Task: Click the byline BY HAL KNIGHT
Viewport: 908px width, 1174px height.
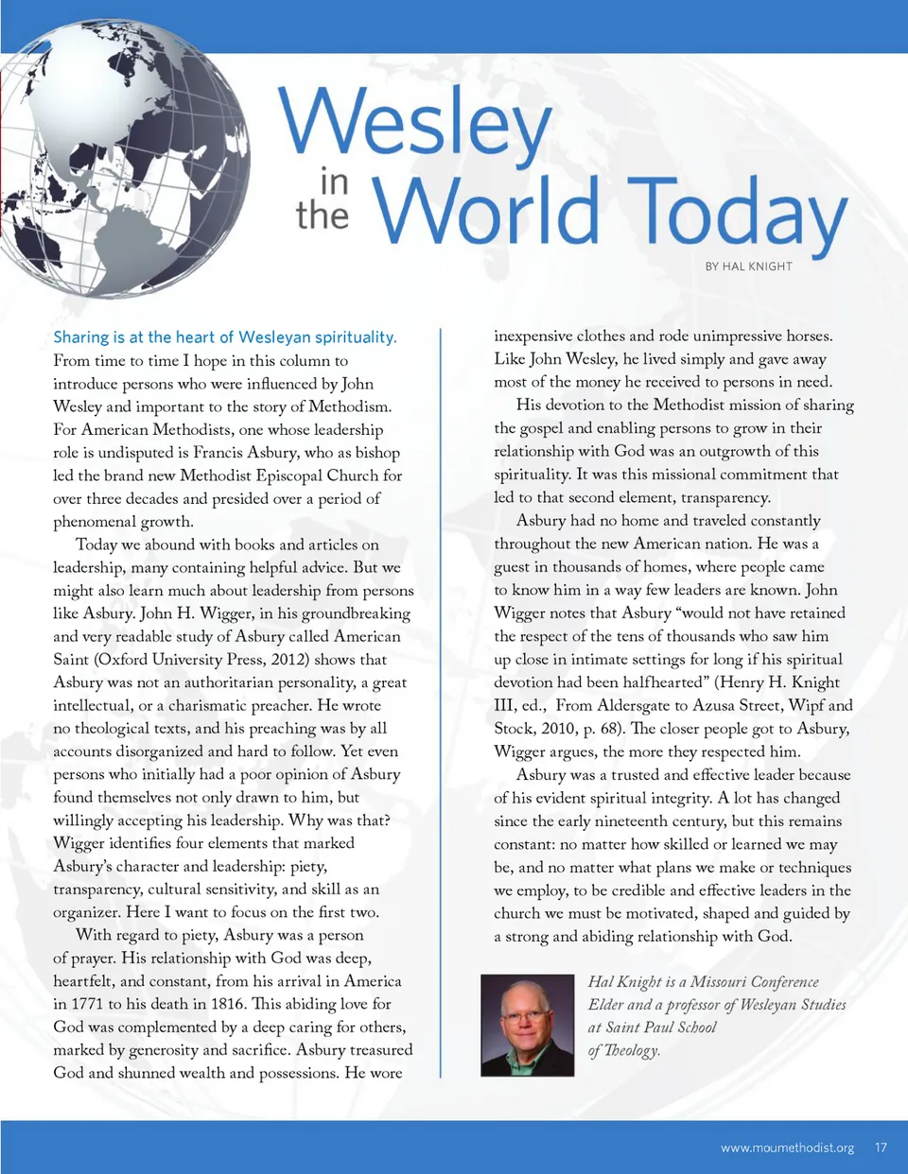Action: [748, 267]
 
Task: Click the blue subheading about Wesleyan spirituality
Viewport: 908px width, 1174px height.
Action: [225, 337]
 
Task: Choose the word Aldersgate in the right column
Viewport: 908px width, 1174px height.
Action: [635, 705]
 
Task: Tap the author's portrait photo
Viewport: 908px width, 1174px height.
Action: [527, 1025]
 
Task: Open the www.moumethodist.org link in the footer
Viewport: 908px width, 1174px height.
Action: [787, 1148]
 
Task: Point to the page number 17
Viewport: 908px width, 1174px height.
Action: [881, 1148]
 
